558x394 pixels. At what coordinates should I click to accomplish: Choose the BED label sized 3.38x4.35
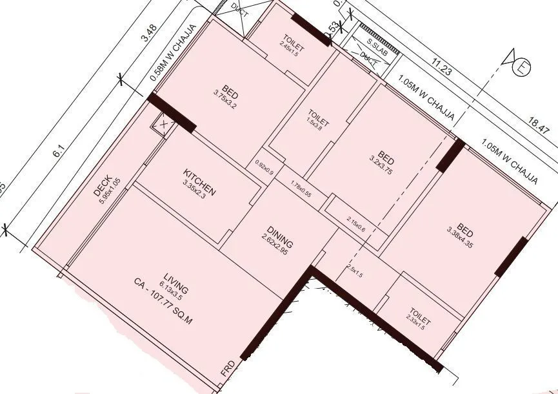466,233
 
